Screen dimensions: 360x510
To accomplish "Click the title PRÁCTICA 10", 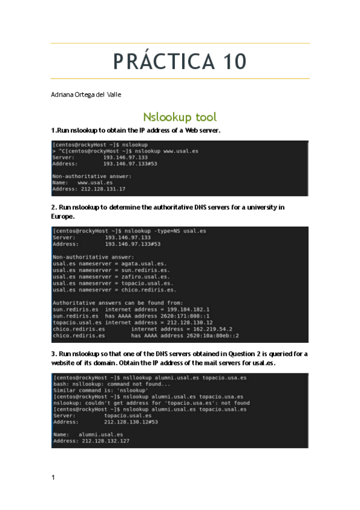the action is pyautogui.click(x=180, y=61).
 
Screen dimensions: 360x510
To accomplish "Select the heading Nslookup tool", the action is pyautogui.click(x=180, y=117).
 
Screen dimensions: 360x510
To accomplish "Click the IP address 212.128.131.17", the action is pyautogui.click(x=103, y=189).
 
